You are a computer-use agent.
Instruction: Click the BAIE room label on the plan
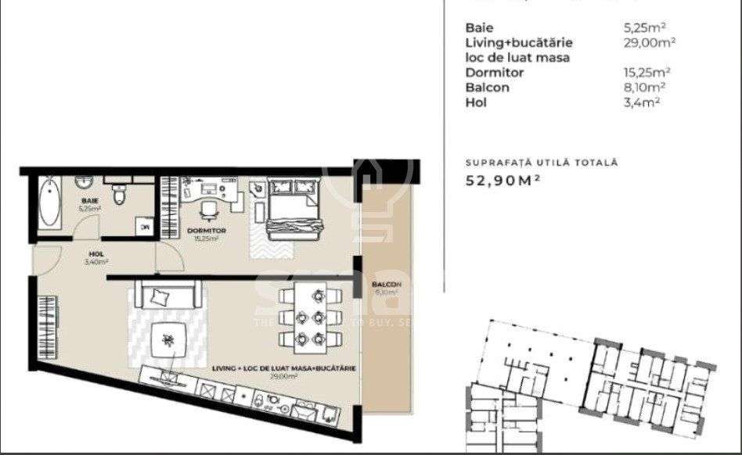click(89, 201)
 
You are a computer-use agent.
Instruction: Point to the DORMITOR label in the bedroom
click(207, 231)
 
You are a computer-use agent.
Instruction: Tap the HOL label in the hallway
click(97, 254)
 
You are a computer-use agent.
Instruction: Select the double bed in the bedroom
click(291, 207)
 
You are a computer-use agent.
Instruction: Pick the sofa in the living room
click(168, 295)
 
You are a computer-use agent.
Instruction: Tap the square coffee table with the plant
click(168, 339)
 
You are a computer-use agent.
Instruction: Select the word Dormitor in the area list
click(495, 73)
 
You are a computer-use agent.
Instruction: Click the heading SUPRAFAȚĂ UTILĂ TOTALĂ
click(542, 163)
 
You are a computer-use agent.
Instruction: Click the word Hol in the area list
click(476, 102)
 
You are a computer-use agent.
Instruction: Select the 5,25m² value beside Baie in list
click(640, 27)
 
